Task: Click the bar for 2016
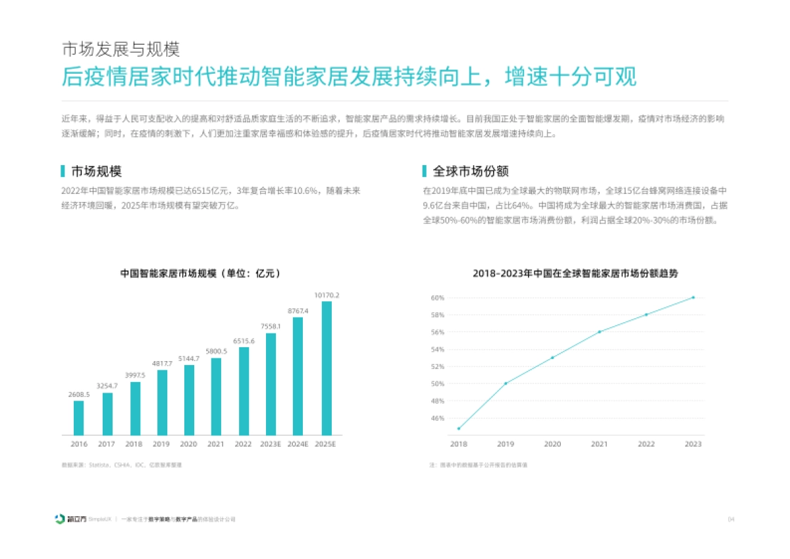(78, 418)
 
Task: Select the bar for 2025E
(327, 368)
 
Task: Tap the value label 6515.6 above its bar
(244, 341)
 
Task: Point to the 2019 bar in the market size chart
(162, 402)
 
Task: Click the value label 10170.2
(327, 295)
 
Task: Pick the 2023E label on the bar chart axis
(271, 445)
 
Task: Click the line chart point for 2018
(459, 429)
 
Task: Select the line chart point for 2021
(599, 331)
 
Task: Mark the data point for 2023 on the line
(693, 297)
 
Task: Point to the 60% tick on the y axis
(438, 298)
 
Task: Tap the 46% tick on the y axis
(438, 418)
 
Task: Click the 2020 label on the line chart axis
(552, 445)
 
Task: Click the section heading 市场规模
(96, 172)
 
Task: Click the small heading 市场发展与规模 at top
(120, 50)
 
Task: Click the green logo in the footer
(60, 519)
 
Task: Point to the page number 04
(730, 520)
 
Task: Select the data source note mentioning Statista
(121, 465)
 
